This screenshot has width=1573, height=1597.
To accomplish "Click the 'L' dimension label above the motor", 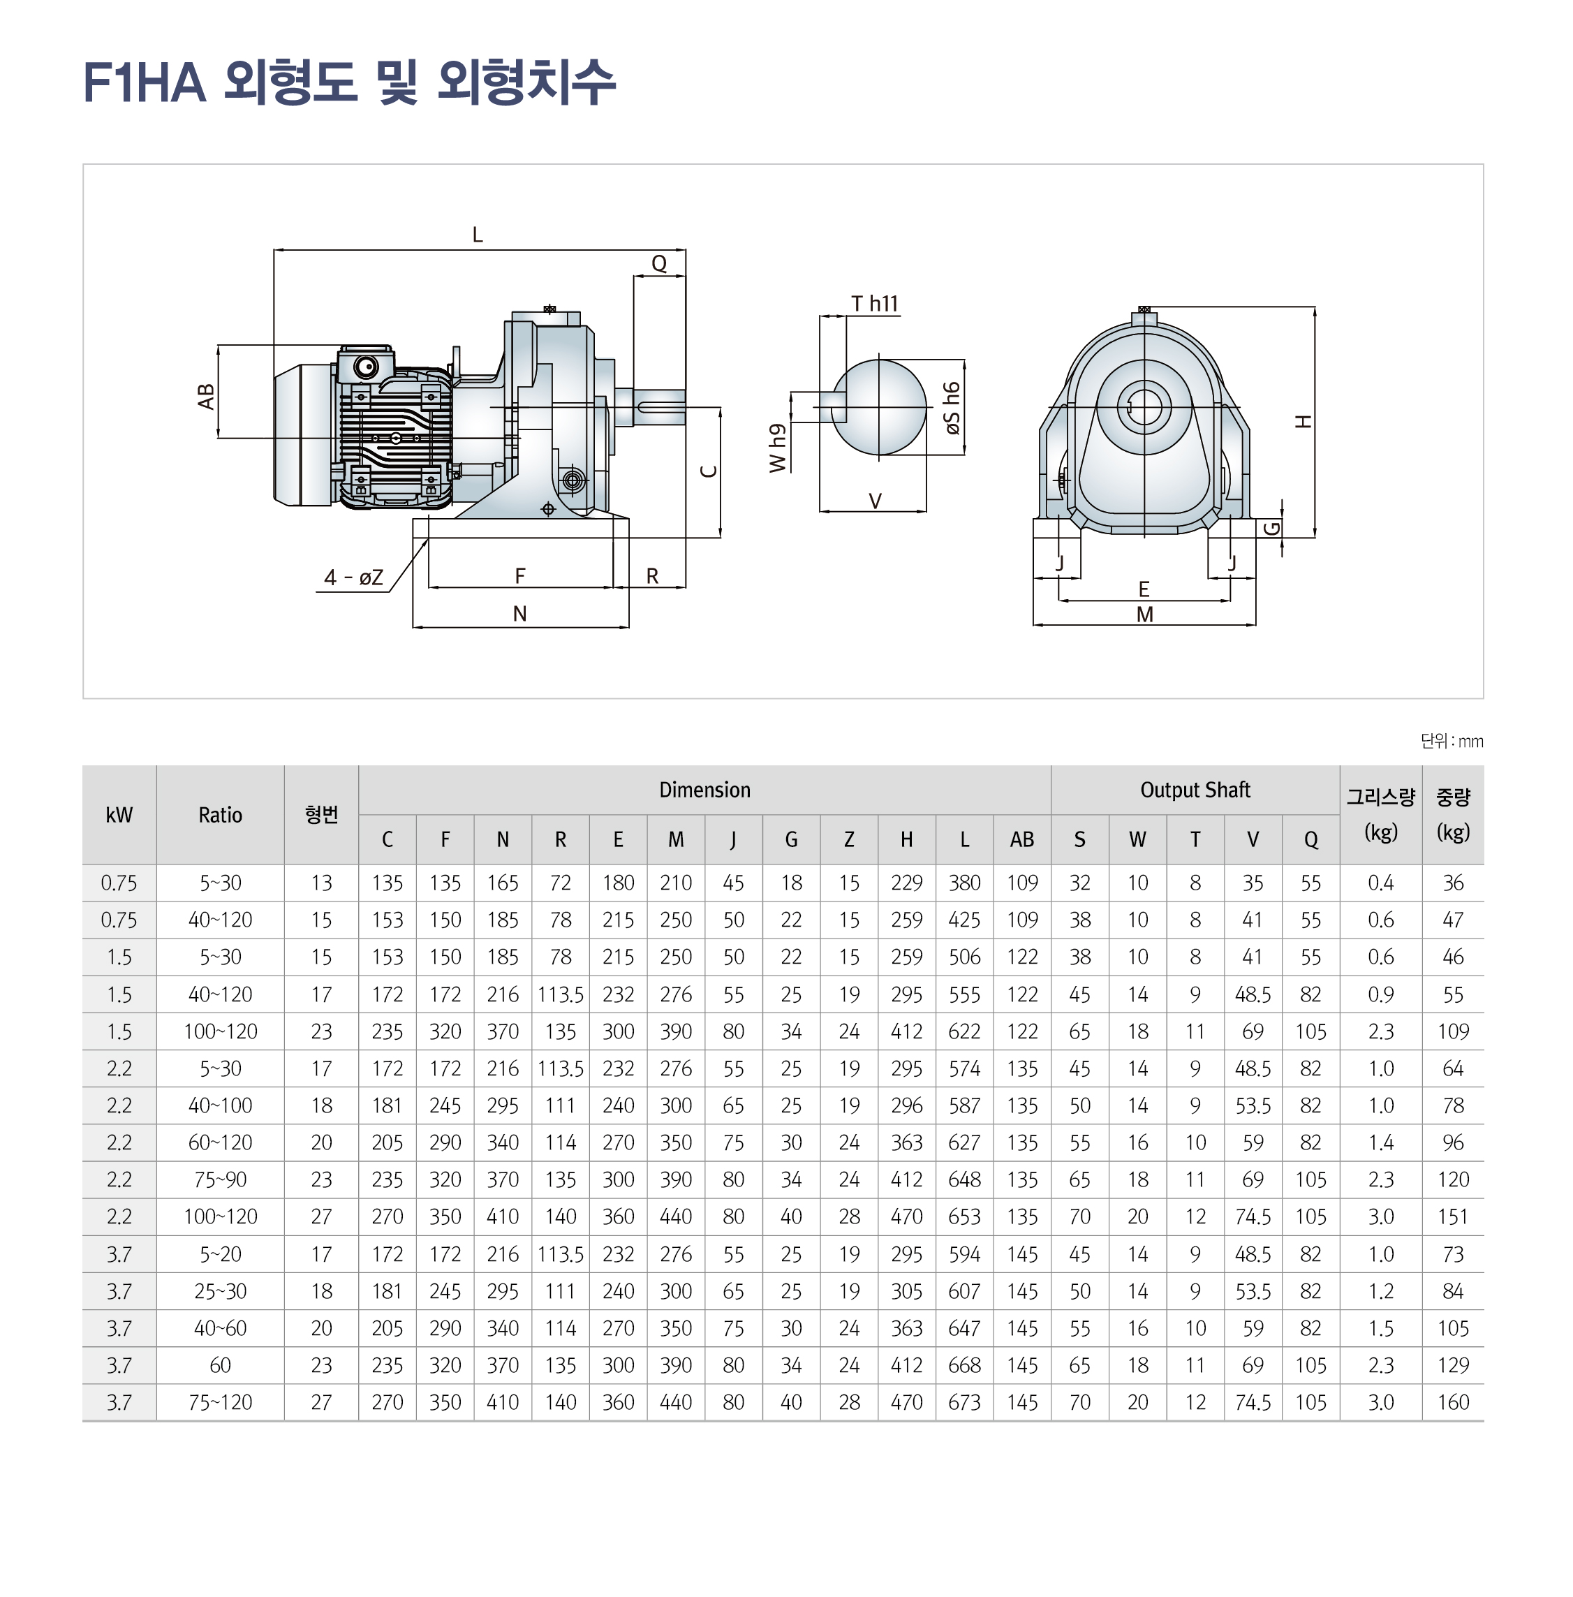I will [477, 235].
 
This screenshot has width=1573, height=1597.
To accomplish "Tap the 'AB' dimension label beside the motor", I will [207, 397].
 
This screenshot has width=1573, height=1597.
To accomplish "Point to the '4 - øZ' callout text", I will [353, 577].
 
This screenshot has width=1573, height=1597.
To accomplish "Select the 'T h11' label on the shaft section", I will [874, 304].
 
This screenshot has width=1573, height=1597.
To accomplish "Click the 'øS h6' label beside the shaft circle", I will [952, 408].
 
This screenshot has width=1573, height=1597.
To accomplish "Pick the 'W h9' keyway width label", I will [777, 448].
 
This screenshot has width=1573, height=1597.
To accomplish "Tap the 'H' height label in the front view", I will [1304, 421].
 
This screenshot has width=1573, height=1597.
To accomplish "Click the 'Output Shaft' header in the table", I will [1195, 790].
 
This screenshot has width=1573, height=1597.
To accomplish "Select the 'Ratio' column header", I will [220, 815].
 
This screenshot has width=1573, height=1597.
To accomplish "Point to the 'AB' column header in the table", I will [1022, 839].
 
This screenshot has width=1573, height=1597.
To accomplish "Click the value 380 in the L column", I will [964, 883].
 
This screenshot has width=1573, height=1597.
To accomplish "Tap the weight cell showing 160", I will [1452, 1402].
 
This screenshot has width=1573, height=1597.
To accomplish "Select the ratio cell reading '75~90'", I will [220, 1180].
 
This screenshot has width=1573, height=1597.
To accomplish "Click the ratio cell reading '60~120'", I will [220, 1142].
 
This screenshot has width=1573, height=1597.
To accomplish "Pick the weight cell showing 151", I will [1452, 1217].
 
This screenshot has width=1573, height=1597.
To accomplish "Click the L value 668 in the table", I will [964, 1365].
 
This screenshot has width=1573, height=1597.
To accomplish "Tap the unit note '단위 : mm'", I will [1452, 741].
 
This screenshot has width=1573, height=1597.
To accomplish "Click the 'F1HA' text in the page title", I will [145, 82].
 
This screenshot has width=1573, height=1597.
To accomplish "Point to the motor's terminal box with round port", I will [364, 365].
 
